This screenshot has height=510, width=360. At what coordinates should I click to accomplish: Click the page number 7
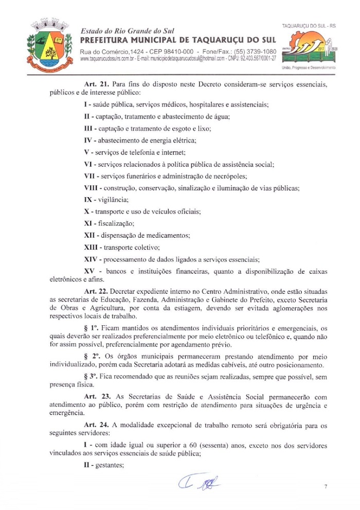point(326,486)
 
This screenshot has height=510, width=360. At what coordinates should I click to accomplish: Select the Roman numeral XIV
point(91,259)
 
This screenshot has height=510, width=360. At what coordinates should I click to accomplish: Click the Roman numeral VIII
point(93,188)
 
